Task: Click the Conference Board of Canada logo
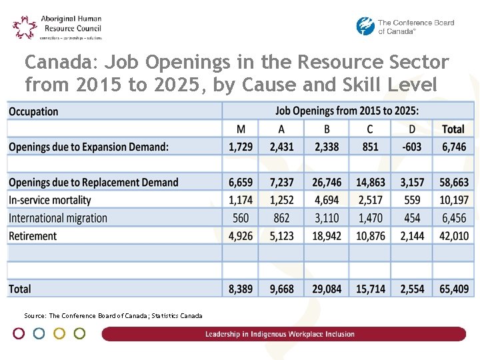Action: click(x=405, y=27)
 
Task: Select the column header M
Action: click(x=240, y=129)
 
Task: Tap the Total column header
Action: click(x=453, y=129)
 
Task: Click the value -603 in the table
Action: click(x=411, y=147)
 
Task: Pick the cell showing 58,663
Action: click(x=453, y=182)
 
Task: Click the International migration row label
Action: click(x=58, y=218)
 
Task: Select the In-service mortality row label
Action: click(x=54, y=200)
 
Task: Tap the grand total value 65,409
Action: click(x=453, y=289)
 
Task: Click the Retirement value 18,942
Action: click(x=326, y=235)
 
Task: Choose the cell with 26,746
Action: click(x=326, y=182)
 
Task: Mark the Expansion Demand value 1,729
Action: click(x=240, y=147)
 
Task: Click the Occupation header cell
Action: click(x=33, y=111)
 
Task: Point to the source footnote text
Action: click(x=113, y=315)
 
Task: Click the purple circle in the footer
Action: click(x=19, y=333)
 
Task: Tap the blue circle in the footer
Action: click(x=39, y=333)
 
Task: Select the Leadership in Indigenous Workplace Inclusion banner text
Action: click(x=280, y=334)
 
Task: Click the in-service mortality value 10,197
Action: click(x=453, y=200)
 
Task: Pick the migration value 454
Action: click(x=411, y=218)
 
